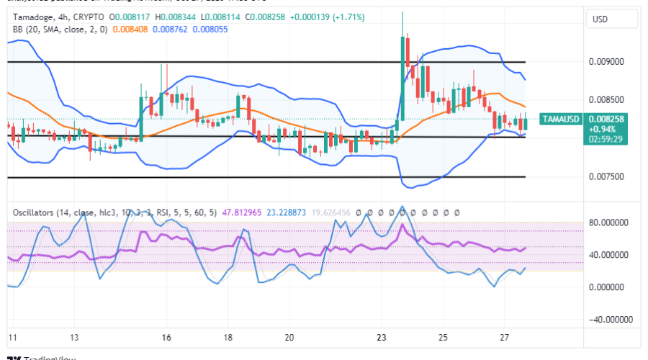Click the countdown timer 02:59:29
(606, 138)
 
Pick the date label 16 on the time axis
(166, 338)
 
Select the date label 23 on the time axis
(382, 338)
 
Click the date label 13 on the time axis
(74, 338)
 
